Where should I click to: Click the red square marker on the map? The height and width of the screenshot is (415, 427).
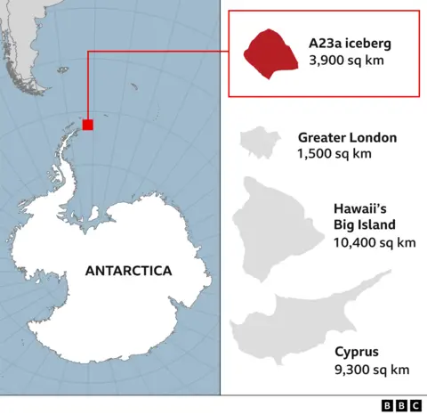click(x=87, y=125)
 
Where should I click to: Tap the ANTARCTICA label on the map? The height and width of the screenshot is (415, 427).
click(x=128, y=271)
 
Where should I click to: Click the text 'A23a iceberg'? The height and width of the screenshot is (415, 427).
click(x=350, y=43)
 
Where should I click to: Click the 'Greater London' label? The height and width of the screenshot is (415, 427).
click(x=347, y=138)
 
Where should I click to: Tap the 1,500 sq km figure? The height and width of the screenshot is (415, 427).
click(x=334, y=154)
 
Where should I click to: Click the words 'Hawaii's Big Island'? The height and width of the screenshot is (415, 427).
click(x=365, y=216)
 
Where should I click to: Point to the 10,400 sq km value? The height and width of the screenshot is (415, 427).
click(x=374, y=242)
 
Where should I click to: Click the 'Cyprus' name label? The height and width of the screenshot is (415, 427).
click(x=356, y=353)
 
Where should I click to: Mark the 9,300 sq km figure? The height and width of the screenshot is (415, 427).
click(x=371, y=370)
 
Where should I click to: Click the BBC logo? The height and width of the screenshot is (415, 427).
click(x=403, y=405)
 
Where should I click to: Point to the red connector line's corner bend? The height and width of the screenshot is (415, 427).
click(x=87, y=53)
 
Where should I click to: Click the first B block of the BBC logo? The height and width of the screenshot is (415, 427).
click(x=389, y=405)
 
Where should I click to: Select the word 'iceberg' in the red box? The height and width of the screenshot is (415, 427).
click(x=368, y=43)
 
